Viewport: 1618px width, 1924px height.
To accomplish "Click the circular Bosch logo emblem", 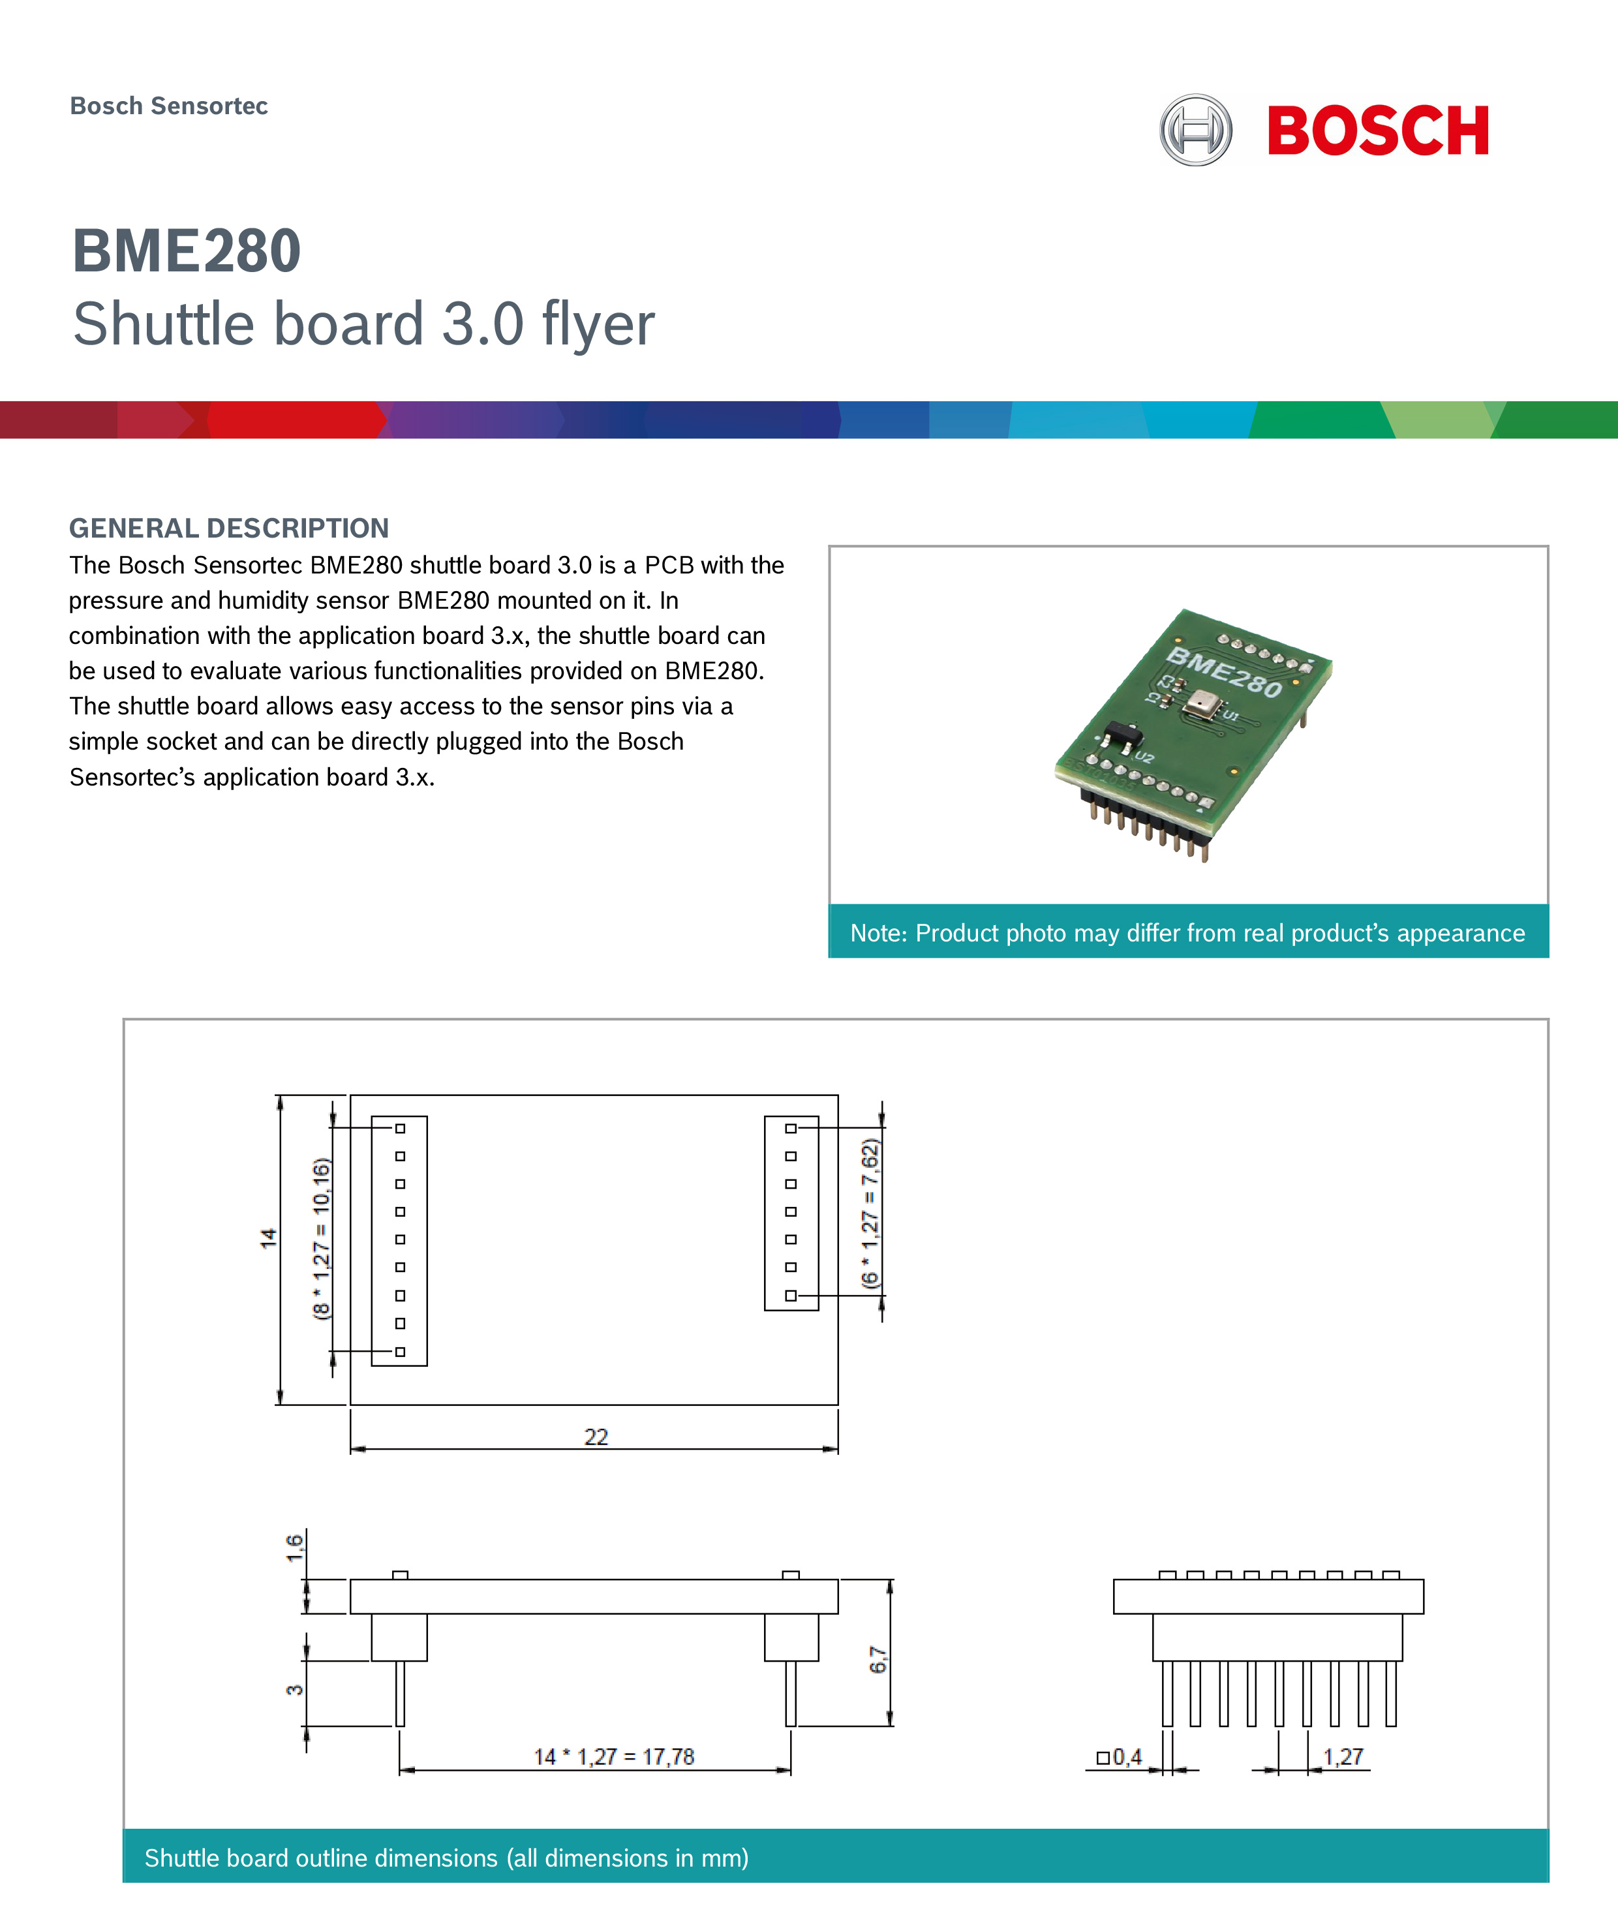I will pos(1195,130).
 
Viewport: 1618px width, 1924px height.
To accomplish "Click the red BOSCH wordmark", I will pos(1378,131).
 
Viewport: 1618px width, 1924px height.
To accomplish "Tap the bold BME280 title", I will pos(186,251).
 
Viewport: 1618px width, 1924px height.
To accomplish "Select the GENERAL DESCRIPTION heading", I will pos(229,528).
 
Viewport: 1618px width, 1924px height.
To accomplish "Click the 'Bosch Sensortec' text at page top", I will pos(169,106).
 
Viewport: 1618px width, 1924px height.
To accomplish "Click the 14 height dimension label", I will pos(268,1238).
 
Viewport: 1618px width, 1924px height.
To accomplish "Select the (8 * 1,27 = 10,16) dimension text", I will pos(321,1238).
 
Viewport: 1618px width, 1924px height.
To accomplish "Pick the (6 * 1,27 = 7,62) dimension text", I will pos(870,1214).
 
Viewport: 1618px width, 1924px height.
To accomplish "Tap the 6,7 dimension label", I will pos(878,1660).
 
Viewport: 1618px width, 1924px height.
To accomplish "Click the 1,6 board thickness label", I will pos(294,1548).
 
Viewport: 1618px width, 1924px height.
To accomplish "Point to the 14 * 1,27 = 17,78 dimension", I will pos(614,1757).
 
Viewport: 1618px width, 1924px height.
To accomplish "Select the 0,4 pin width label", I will pos(1126,1757).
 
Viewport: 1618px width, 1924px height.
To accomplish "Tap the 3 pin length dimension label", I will pos(294,1690).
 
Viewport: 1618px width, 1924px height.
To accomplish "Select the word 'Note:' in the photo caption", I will pos(878,934).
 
